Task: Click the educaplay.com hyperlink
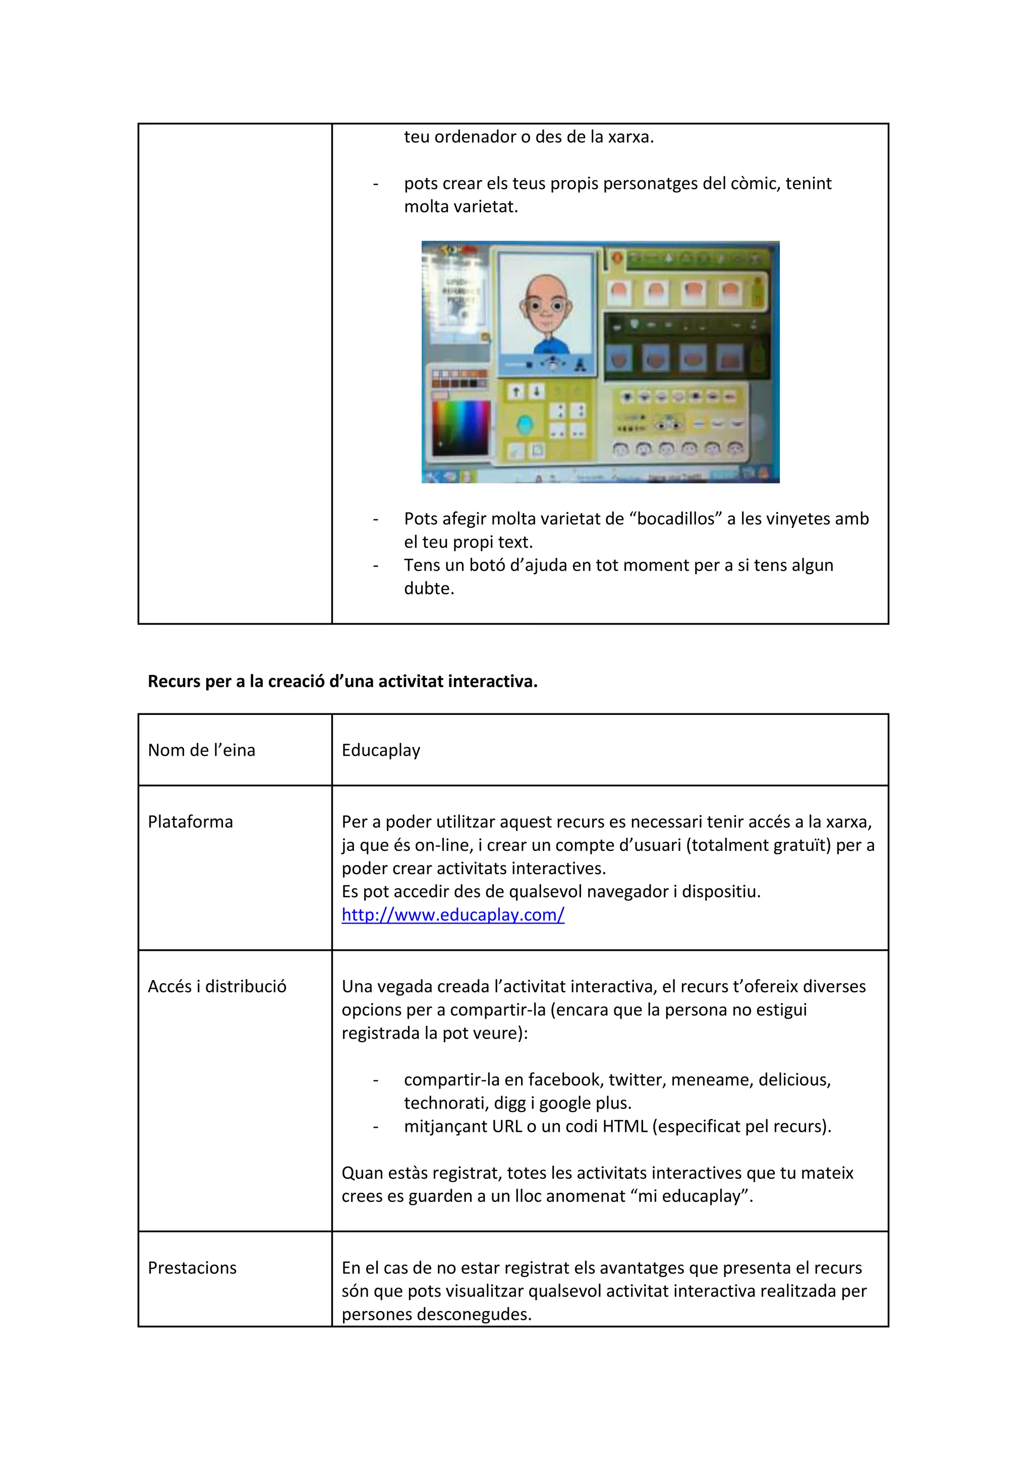[x=452, y=915]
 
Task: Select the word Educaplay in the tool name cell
[x=380, y=750]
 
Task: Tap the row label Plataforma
[x=190, y=822]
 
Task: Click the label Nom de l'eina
[x=201, y=750]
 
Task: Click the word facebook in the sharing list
[x=565, y=1080]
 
